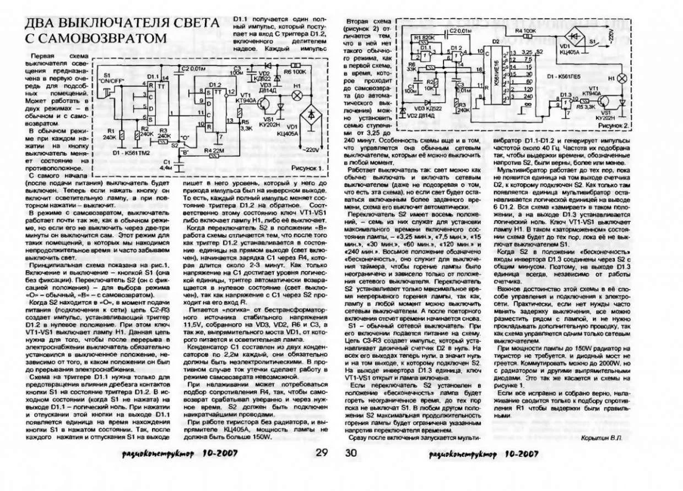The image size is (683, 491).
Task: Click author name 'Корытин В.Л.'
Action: click(601, 438)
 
